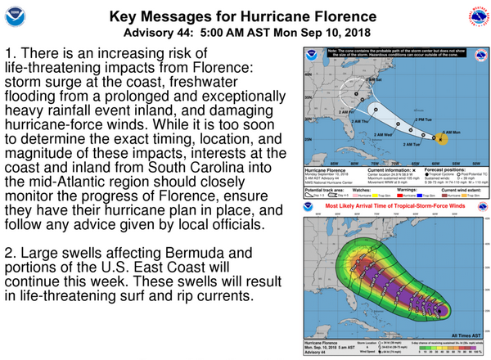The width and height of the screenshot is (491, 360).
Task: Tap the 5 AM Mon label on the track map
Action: click(452, 131)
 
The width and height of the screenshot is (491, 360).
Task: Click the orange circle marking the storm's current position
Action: click(443, 138)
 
